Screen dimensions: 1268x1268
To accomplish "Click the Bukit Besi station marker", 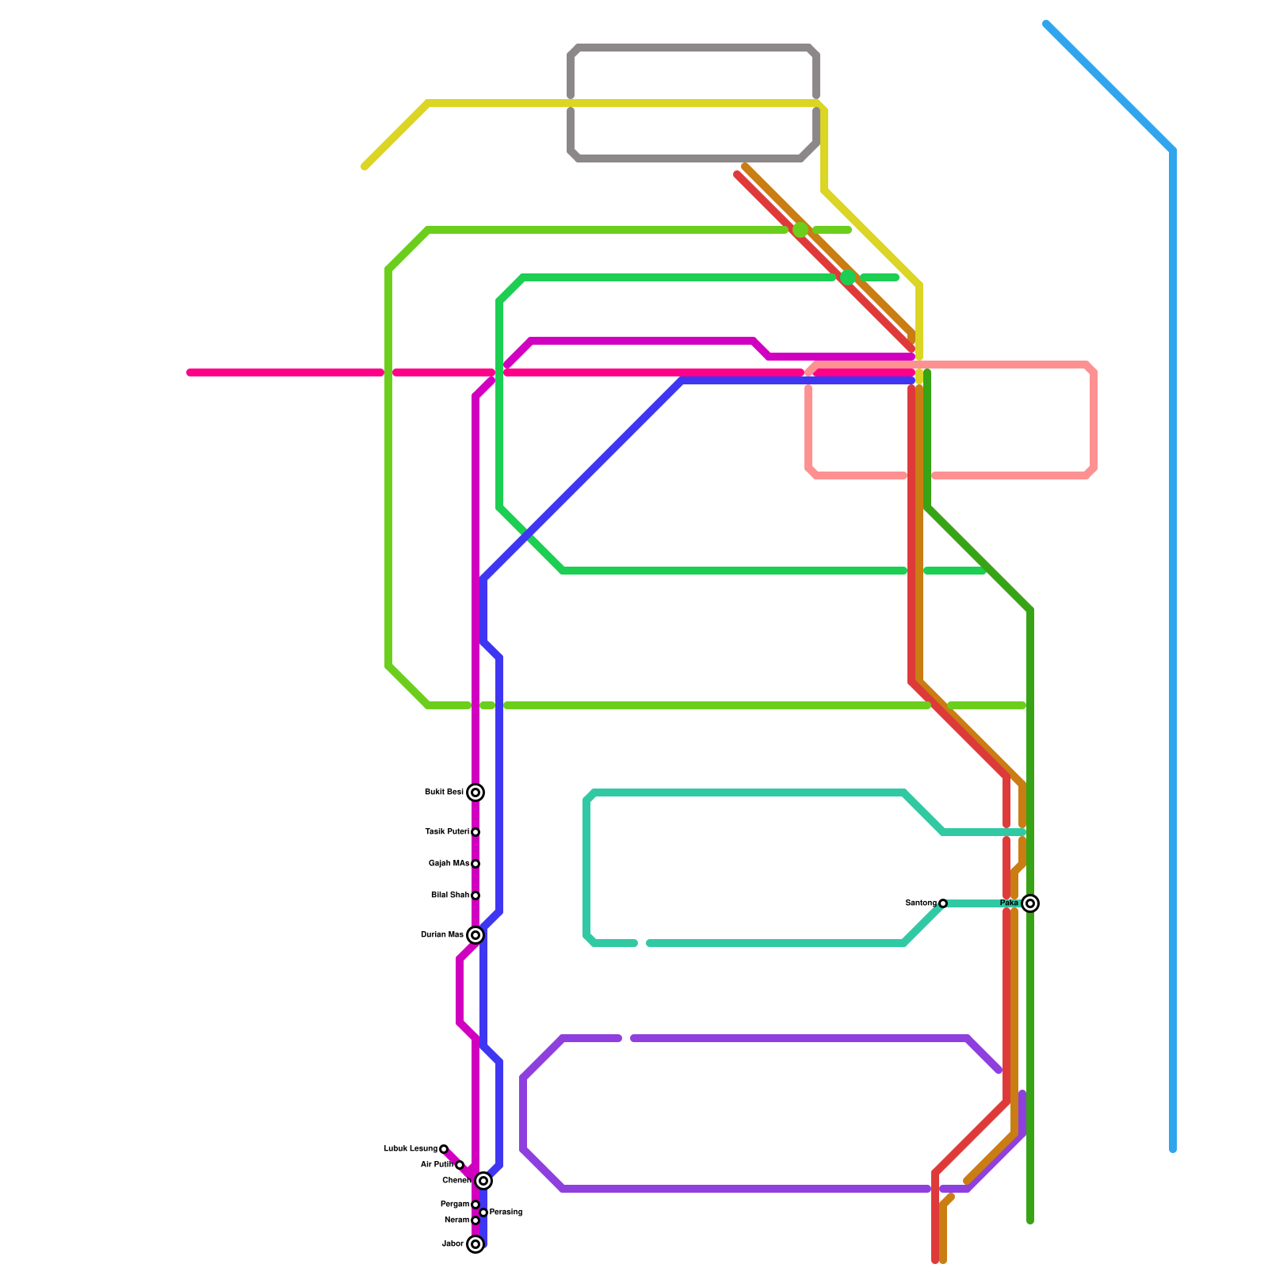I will [475, 792].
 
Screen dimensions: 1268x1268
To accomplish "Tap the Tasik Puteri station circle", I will [475, 832].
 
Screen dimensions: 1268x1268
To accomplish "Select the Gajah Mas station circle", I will [475, 864].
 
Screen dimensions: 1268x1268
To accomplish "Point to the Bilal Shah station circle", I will [475, 896].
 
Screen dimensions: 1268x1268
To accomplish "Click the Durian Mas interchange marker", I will [475, 935].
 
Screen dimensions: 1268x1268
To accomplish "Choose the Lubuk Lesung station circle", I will [444, 1149].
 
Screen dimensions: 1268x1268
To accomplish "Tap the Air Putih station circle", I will [460, 1165].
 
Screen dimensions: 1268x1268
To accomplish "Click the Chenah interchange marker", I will [483, 1181].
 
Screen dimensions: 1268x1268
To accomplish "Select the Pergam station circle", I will [475, 1205].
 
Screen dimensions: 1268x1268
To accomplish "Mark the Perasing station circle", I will [483, 1213].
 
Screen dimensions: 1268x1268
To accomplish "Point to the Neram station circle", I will [475, 1220].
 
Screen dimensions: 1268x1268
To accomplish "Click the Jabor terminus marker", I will [475, 1244].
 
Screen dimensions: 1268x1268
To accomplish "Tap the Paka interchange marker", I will [1030, 903].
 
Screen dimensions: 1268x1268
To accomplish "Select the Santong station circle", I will [943, 903].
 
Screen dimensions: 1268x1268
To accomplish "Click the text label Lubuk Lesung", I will [411, 1149].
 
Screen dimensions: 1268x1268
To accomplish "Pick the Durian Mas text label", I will [442, 935].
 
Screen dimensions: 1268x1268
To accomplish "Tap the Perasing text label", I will [506, 1213].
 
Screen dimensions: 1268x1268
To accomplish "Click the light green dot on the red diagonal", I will [800, 230].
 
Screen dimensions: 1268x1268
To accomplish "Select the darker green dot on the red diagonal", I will [848, 277].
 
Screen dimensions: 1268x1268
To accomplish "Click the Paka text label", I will [1009, 903].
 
